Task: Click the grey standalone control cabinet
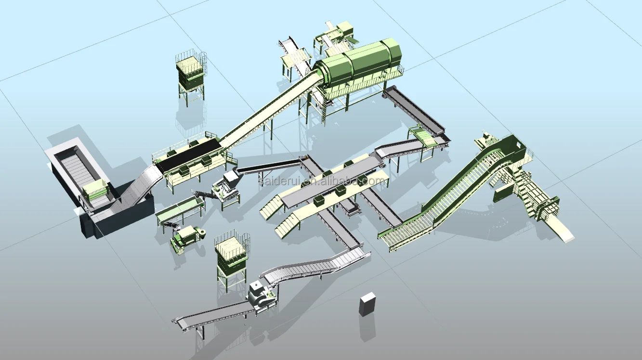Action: click(x=367, y=304)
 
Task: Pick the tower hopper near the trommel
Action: click(x=191, y=73)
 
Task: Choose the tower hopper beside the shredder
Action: click(x=232, y=255)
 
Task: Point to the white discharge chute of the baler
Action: click(x=564, y=233)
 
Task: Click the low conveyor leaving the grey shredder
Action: click(x=212, y=315)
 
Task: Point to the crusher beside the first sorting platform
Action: click(x=225, y=188)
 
